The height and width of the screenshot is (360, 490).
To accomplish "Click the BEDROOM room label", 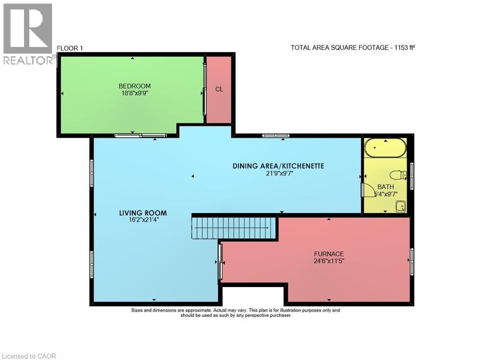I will click(134, 86).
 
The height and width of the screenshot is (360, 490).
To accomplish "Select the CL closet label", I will click(219, 89).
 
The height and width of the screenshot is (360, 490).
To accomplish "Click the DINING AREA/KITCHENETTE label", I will click(278, 166).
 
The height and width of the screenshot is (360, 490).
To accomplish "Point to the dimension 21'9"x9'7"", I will click(278, 173).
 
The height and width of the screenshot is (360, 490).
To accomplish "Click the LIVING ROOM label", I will click(143, 213).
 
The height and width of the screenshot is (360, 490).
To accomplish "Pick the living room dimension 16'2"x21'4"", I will click(143, 220).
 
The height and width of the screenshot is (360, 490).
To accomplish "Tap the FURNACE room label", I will click(329, 254).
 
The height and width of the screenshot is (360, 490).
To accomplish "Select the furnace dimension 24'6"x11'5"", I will click(329, 261).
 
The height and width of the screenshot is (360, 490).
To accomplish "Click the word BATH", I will click(385, 187).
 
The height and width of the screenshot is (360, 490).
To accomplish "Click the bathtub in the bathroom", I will click(385, 147).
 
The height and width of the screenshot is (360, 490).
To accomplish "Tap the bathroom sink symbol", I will click(400, 207).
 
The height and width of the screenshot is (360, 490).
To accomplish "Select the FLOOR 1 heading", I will click(71, 48).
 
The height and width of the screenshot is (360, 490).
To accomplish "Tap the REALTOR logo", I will click(28, 34).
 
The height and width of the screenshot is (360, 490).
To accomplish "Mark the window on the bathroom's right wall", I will click(412, 175).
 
